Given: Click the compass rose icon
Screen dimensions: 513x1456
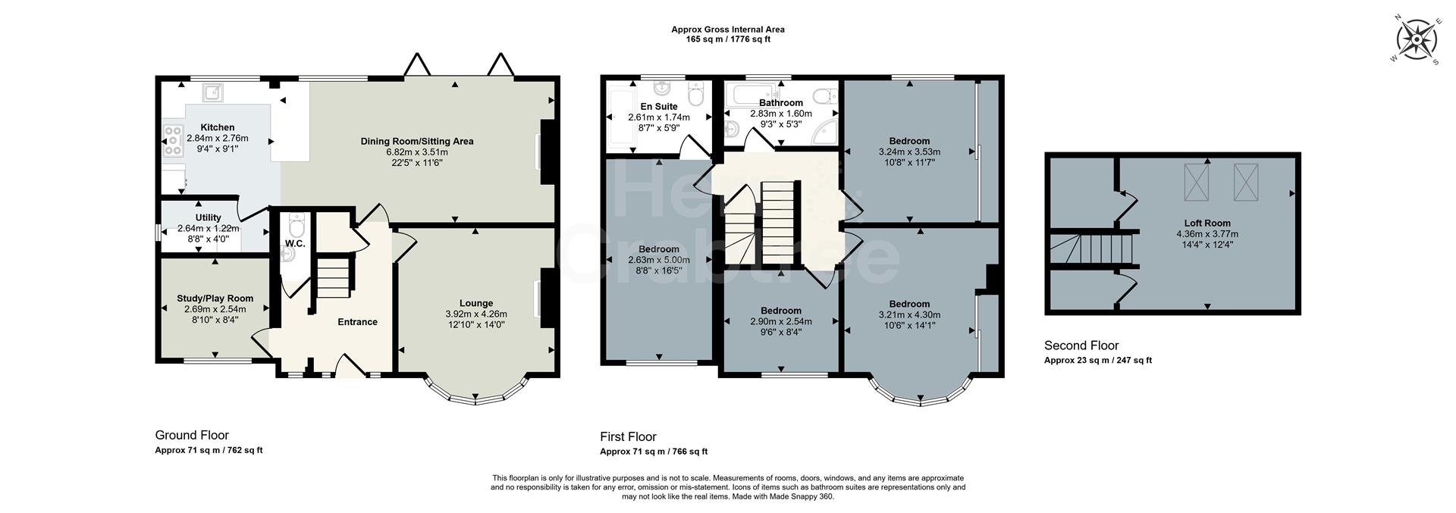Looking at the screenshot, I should (x=1415, y=40).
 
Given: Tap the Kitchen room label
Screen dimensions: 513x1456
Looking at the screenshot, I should (x=217, y=127).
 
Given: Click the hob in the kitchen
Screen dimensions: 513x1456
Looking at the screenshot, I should (x=172, y=140).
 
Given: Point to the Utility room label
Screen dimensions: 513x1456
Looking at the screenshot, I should (x=208, y=217).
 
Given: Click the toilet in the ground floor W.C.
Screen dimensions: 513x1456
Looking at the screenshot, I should (x=296, y=227).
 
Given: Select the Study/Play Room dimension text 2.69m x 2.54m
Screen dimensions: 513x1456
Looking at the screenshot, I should (x=215, y=309).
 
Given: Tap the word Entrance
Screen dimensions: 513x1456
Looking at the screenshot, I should (x=357, y=322).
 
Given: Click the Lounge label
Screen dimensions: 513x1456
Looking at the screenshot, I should (x=475, y=303).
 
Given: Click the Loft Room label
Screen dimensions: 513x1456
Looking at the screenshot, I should (x=1209, y=224).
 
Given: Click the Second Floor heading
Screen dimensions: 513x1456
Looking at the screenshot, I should (x=1081, y=346).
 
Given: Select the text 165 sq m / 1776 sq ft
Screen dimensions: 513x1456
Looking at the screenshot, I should (x=727, y=39).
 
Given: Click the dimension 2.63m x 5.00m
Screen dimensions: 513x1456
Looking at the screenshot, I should (x=658, y=260).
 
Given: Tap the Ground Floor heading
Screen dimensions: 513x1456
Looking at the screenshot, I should (x=192, y=435).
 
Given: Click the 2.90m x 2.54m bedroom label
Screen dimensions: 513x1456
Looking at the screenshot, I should (x=780, y=321).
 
